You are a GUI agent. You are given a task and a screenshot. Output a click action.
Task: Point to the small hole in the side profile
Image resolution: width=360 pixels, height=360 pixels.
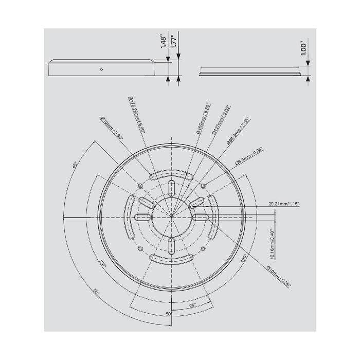[x=102, y=69]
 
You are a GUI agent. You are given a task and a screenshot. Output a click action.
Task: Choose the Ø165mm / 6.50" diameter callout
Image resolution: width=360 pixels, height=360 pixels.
[x=202, y=118]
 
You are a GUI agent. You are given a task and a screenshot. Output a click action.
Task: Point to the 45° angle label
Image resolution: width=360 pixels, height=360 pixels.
[x=75, y=166]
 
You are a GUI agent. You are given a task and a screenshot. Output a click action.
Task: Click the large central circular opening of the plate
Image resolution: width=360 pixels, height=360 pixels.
[x=171, y=217]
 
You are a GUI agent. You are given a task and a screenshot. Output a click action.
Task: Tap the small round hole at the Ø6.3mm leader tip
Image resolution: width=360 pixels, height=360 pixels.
[x=204, y=185]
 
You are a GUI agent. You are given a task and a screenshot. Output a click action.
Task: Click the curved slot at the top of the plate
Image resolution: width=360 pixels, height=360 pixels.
[x=171, y=176]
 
